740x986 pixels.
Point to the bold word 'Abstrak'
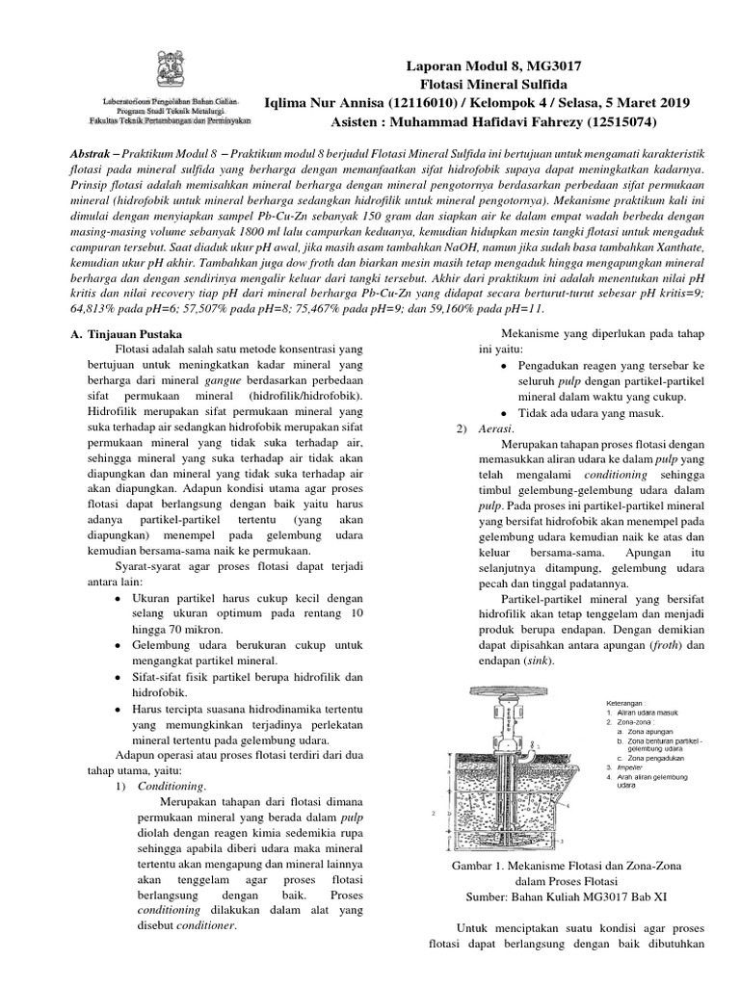point(97,155)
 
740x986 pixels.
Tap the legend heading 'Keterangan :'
point(613,702)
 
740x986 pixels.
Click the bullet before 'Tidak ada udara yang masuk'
point(507,413)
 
